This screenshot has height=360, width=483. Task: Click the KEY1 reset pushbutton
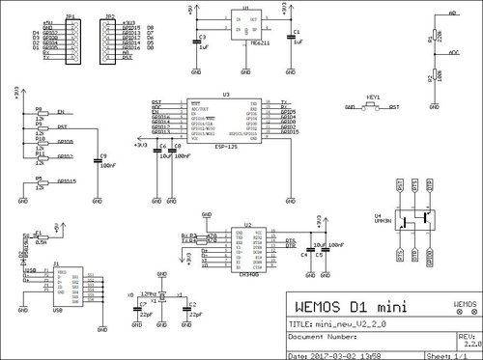coord(374,109)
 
